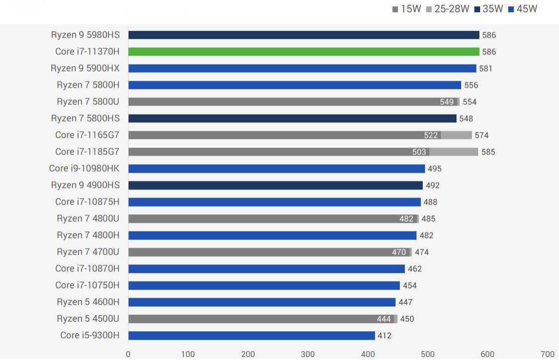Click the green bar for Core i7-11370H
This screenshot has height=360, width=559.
click(x=304, y=52)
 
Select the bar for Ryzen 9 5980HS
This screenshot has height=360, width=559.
click(x=304, y=35)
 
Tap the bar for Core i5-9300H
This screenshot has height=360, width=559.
click(x=251, y=336)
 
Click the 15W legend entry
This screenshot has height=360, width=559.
click(x=406, y=9)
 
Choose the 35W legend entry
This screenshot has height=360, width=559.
click(x=488, y=9)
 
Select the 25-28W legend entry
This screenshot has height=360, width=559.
click(x=447, y=9)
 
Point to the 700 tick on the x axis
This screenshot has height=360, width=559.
click(x=547, y=354)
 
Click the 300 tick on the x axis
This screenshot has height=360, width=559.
click(x=308, y=354)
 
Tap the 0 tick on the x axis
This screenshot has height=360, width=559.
click(x=128, y=354)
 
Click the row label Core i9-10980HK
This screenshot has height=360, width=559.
click(x=84, y=169)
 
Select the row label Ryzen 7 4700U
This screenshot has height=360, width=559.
click(x=88, y=252)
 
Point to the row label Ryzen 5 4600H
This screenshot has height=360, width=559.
click(x=88, y=302)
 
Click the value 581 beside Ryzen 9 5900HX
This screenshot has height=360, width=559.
click(x=486, y=69)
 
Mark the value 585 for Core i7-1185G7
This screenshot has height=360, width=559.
click(x=488, y=152)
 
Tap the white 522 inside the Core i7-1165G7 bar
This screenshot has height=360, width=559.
click(x=431, y=135)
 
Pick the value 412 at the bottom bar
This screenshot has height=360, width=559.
click(x=385, y=336)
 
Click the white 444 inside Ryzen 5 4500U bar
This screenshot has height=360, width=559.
click(x=384, y=319)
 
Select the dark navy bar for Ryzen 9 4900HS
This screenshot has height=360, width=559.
click(x=275, y=185)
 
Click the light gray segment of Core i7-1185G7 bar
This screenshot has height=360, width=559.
click(x=454, y=152)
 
